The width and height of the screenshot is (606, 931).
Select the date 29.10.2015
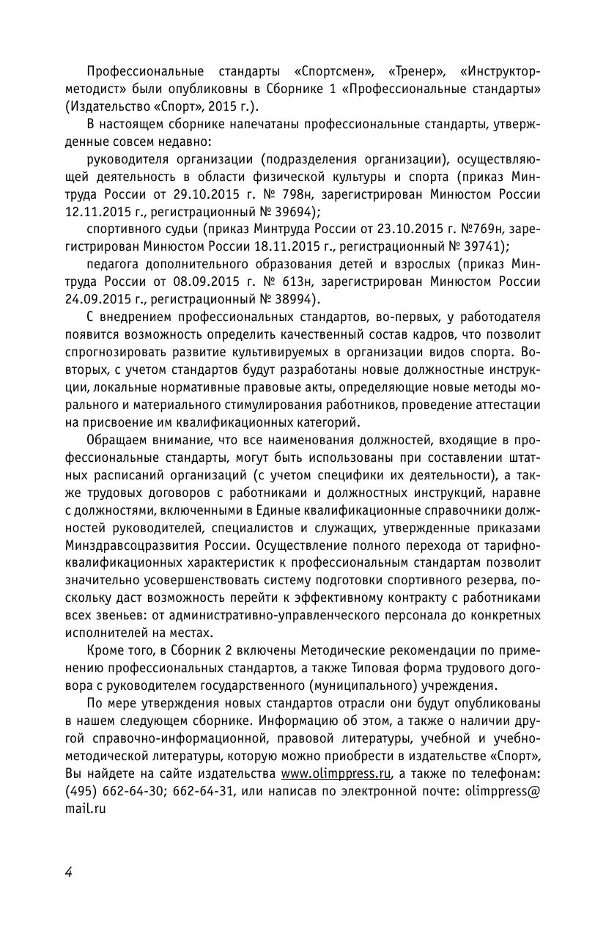[219, 195]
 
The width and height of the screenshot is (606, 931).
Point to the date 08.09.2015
[219, 281]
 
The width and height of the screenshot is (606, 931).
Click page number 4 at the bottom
[68, 872]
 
